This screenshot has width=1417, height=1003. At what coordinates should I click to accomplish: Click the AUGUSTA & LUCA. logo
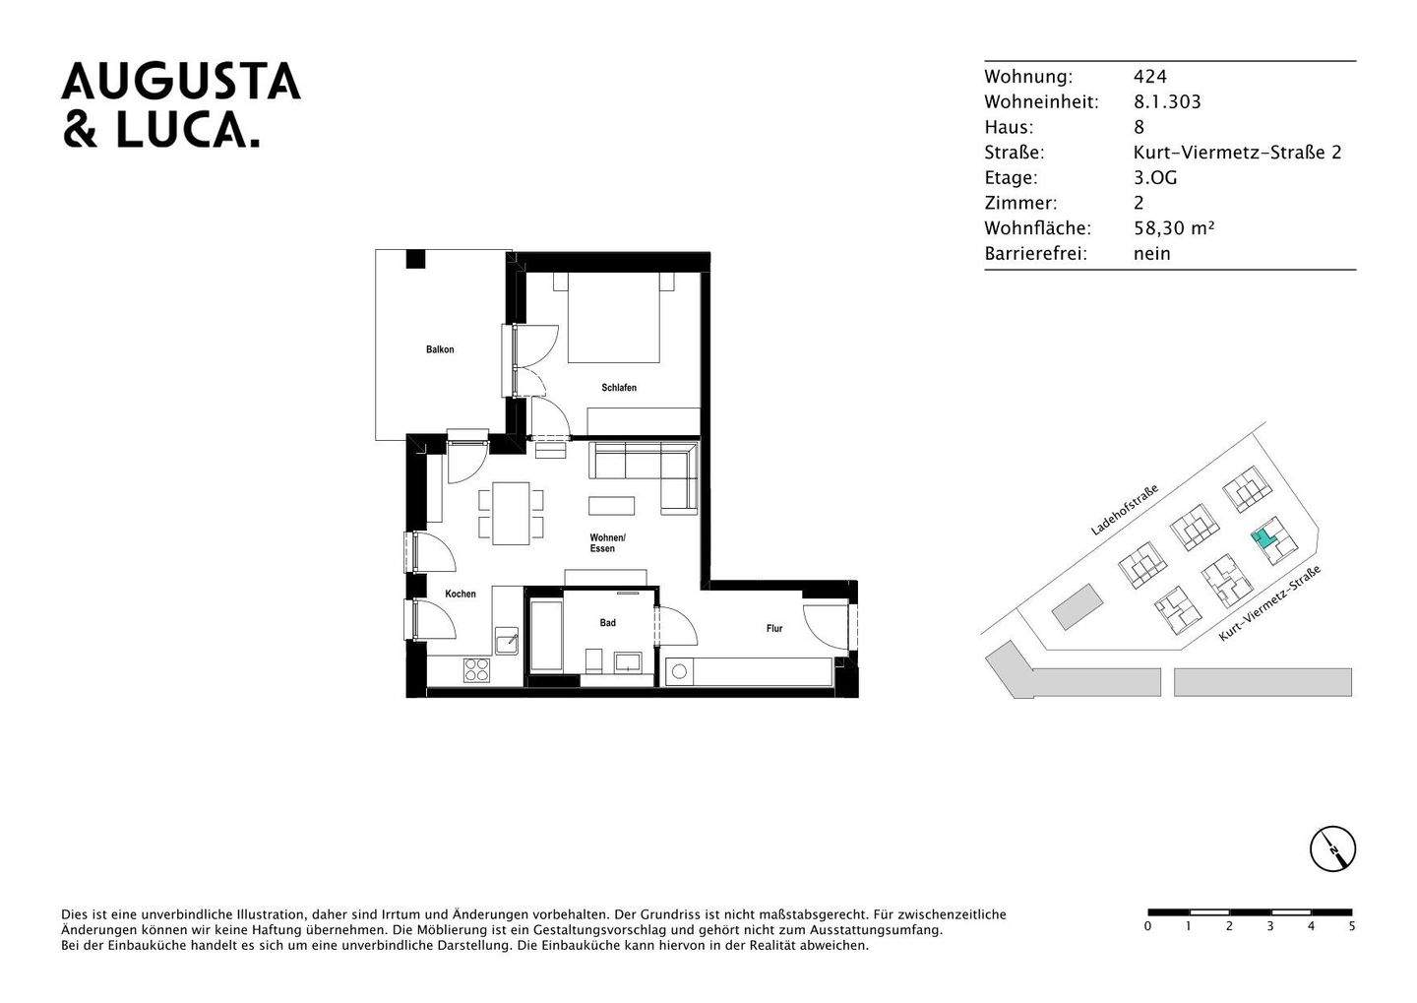point(181,105)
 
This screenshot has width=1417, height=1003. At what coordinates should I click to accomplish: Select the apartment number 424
point(1149,77)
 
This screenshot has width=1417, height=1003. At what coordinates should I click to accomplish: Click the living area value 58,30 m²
point(1173,228)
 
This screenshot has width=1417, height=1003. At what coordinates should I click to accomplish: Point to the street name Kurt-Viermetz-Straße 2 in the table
point(1237,153)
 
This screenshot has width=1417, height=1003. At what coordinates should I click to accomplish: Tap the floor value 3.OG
point(1154,178)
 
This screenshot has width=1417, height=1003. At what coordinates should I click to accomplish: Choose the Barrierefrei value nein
point(1151,254)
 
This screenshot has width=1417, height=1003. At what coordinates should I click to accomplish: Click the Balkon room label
point(440,349)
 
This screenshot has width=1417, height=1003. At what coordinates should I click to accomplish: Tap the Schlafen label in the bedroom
point(619,388)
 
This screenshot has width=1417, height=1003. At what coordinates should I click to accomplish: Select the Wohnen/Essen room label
point(606,543)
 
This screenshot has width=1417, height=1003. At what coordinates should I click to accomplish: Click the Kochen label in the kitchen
point(460,594)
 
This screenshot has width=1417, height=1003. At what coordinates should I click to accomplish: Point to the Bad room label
point(607,623)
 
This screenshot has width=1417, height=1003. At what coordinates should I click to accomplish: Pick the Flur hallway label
point(774,628)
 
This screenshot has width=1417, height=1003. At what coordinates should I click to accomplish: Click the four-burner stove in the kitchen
point(477,670)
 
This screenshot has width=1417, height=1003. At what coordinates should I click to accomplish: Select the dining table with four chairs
point(511,513)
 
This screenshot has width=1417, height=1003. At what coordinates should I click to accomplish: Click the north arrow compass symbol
point(1332,848)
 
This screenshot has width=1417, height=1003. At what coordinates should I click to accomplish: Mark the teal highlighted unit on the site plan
point(1260,538)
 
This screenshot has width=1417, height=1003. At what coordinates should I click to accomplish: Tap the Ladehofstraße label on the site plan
point(1124,509)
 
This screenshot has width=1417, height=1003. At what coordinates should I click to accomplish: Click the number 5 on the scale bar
point(1351,926)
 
